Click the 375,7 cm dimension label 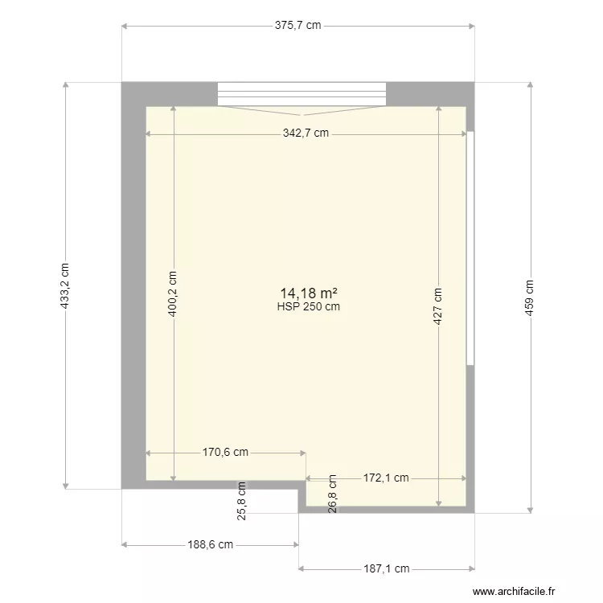click(x=297, y=25)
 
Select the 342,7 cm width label click(x=306, y=133)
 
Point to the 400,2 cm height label click(x=173, y=293)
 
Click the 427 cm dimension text click(x=437, y=306)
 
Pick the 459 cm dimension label click(x=529, y=297)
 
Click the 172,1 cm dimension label click(x=386, y=478)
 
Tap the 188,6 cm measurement click(x=211, y=544)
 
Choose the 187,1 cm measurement click(x=386, y=568)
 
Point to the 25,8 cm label click(x=241, y=501)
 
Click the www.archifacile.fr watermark click(x=515, y=591)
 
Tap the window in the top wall click(x=301, y=94)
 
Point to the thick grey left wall click(x=133, y=289)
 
